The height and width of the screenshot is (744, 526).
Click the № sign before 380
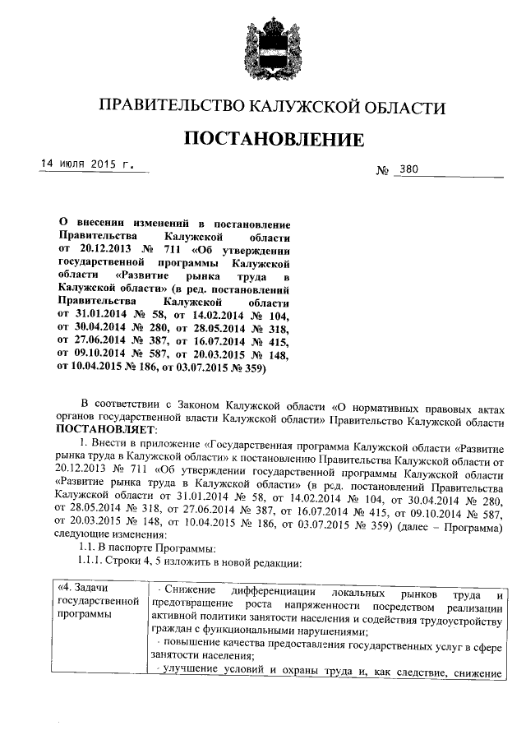pyautogui.click(x=382, y=171)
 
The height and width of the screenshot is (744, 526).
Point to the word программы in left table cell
pyautogui.click(x=85, y=617)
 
